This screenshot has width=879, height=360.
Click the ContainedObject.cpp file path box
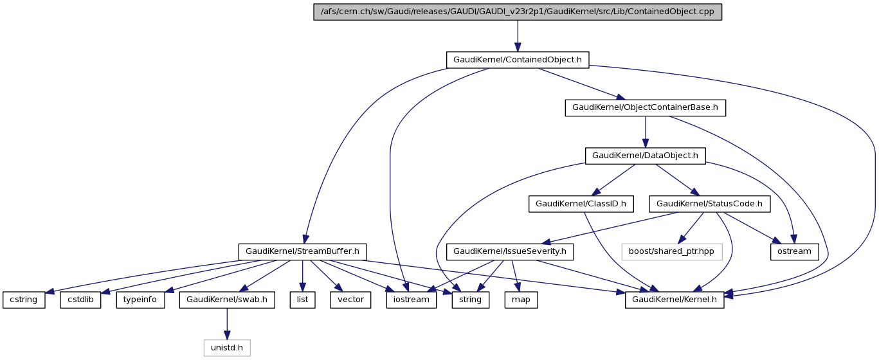(518, 12)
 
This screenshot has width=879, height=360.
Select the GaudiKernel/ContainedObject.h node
(518, 60)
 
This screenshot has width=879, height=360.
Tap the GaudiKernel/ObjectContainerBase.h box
(645, 107)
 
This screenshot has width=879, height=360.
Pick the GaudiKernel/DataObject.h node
(645, 156)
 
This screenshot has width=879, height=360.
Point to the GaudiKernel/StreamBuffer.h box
(302, 251)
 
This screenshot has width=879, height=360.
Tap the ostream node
(795, 251)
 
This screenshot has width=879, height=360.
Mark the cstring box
(24, 300)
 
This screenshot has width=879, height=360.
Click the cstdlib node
(81, 300)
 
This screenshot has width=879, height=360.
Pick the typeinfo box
(140, 300)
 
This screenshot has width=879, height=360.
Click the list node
(302, 300)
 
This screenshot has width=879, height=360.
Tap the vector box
(351, 300)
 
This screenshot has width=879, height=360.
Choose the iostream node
(412, 300)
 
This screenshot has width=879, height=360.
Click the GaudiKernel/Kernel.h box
(675, 300)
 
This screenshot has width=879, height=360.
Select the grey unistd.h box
(227, 348)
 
